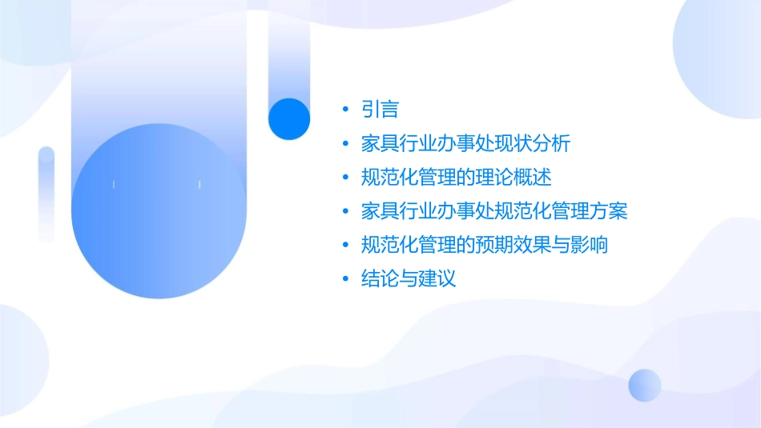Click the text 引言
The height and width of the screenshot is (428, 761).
[x=380, y=110]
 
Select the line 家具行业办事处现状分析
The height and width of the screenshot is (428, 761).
[x=465, y=144]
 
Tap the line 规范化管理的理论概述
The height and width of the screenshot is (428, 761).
[x=457, y=178]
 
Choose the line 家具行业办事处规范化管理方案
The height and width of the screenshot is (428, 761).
[x=493, y=211]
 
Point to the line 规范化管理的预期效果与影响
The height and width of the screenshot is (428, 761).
[x=485, y=245]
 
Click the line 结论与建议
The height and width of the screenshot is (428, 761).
[x=409, y=279]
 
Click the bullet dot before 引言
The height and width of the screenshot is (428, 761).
[x=345, y=110]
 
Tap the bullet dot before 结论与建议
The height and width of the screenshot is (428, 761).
[x=345, y=279]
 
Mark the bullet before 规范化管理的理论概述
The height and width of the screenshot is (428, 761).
[x=345, y=178]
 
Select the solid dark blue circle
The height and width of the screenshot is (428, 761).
[x=288, y=118]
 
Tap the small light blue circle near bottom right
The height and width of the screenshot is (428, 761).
[x=645, y=385]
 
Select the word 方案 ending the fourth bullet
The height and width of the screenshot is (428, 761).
[x=612, y=211]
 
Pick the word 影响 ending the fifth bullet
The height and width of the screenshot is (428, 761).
[x=592, y=245]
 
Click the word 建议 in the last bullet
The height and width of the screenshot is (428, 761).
[x=437, y=279]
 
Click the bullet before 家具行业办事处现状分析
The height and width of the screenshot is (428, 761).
[x=345, y=144]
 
